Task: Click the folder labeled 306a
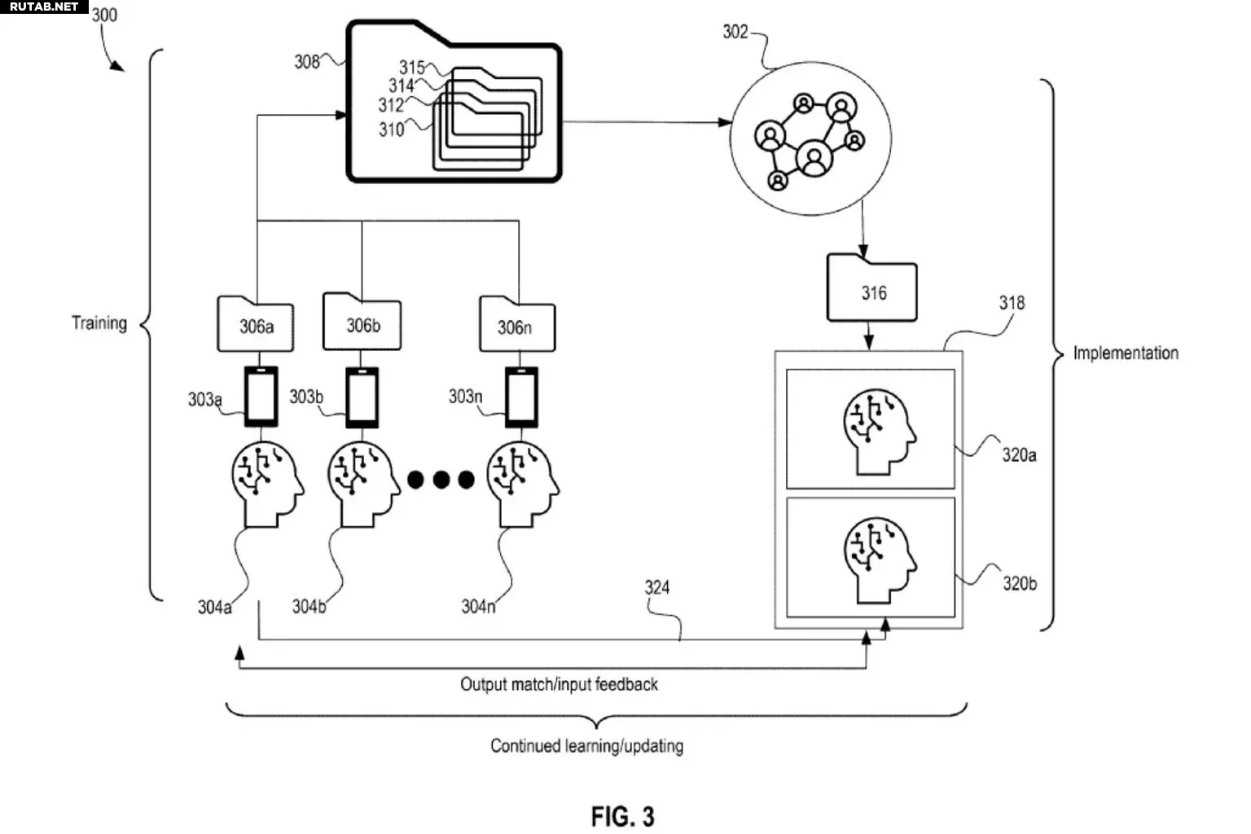pos(256,324)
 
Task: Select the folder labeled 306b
pos(362,323)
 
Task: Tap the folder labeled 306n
pos(517,324)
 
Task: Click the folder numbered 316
pos(871,288)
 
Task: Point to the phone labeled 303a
pos(261,397)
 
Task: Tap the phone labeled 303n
pos(521,397)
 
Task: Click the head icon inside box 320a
pos(879,432)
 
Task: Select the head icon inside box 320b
pos(879,560)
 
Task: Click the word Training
pos(99,323)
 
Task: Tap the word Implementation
pos(1126,353)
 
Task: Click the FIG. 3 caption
pos(623,817)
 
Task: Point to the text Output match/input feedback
pos(559,684)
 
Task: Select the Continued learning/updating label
pos(587,746)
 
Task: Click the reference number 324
pos(656,588)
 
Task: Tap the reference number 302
pos(735,32)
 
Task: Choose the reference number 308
pos(307,61)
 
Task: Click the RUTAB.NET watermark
pos(44,7)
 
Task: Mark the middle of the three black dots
pos(441,479)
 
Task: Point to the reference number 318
pos(1012,303)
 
